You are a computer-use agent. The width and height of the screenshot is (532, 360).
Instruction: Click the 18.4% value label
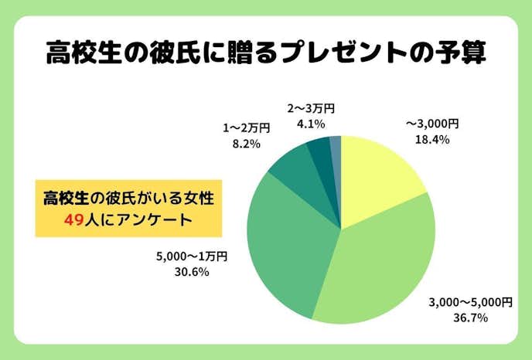point(433,139)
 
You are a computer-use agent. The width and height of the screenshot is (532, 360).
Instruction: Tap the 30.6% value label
point(193,271)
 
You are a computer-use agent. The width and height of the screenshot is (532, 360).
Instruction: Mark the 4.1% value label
point(309,124)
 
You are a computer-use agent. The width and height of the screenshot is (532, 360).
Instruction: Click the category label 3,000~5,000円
point(470,301)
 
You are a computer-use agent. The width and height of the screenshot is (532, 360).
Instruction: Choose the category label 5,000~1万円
point(193,256)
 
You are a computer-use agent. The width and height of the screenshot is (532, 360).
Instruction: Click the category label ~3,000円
point(433,124)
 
